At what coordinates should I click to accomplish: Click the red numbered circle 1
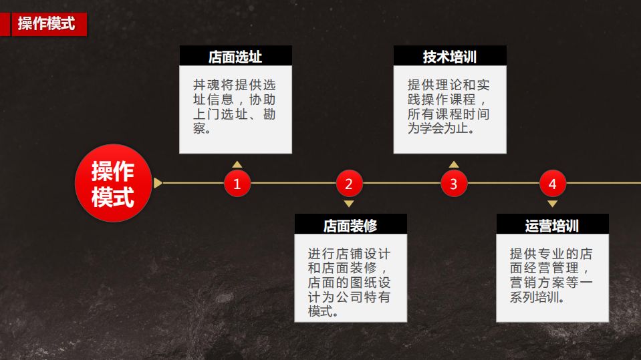point(237,184)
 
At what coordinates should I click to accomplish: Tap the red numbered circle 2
point(349,184)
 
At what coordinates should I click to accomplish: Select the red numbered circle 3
point(454,184)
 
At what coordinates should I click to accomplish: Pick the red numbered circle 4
point(552,184)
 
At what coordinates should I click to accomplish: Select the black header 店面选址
point(235,56)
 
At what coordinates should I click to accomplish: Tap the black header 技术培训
point(449,56)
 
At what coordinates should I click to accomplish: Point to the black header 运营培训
point(552,225)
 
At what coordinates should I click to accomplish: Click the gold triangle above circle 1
point(237,164)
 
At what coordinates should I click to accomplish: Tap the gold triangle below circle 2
point(349,204)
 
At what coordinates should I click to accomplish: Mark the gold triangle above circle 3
point(454,164)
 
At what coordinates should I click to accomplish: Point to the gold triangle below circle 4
point(552,204)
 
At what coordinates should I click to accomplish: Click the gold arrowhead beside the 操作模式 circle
point(158,183)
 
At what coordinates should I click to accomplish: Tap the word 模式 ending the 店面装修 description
point(319,312)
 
